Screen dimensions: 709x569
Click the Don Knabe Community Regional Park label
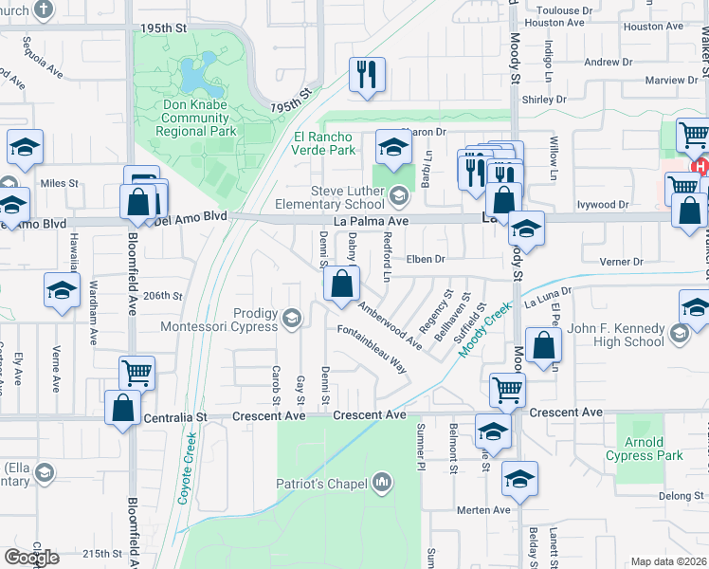[x=197, y=119]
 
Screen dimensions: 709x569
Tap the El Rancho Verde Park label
[x=323, y=143]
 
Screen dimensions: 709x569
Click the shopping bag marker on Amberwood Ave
[x=341, y=284]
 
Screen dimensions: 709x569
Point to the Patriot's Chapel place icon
[x=381, y=484]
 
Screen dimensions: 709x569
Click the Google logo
[x=31, y=558]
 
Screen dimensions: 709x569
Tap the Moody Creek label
[x=485, y=329]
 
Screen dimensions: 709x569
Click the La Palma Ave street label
[x=376, y=220]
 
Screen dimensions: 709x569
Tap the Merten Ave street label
[x=484, y=510]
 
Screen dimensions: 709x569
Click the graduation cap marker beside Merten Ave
[x=519, y=479]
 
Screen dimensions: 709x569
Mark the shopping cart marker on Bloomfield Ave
[x=137, y=374]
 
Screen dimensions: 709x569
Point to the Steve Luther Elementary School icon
[x=399, y=196]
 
